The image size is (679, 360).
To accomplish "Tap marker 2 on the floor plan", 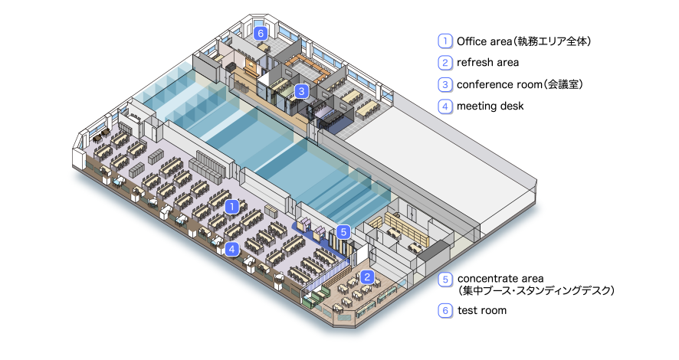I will click(367, 277).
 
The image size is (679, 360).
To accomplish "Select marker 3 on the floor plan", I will click(302, 91).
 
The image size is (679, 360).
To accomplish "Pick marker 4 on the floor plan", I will click(232, 248).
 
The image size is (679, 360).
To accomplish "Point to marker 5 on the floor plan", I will click(343, 230).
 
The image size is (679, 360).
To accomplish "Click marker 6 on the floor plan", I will click(261, 34).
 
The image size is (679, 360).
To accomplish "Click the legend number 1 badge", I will click(444, 41).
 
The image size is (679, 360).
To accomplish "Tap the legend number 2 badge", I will click(444, 62).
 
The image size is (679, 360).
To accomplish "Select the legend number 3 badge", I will click(444, 84).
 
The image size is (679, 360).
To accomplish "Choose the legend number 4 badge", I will click(444, 106).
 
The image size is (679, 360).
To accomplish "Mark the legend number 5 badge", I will click(444, 279).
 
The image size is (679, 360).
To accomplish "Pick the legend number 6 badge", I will click(444, 311).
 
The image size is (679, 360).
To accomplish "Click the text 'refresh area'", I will click(487, 62).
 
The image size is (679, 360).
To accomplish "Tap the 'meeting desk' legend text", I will click(490, 106).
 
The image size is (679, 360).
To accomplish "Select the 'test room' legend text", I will click(482, 311).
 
